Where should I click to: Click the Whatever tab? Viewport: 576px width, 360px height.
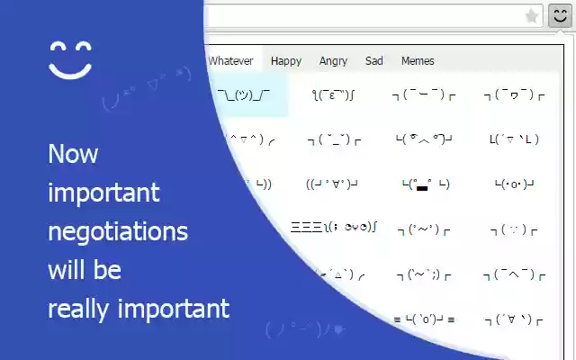point(231,61)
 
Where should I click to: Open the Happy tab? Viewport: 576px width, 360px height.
point(286,61)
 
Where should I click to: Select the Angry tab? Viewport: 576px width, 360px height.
point(333,61)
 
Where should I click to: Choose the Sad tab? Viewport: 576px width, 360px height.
point(374,61)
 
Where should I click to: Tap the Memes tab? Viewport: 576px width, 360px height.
point(418,61)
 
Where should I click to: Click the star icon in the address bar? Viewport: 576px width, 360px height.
point(532,16)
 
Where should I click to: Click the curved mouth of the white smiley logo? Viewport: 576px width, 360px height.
point(71,69)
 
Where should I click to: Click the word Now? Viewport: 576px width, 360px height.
point(73,154)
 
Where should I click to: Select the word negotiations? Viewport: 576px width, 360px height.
point(118,231)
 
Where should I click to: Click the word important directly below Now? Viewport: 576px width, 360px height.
point(103,193)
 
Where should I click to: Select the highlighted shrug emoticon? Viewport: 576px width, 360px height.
point(244,94)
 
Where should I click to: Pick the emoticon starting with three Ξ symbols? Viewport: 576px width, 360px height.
point(333,229)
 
